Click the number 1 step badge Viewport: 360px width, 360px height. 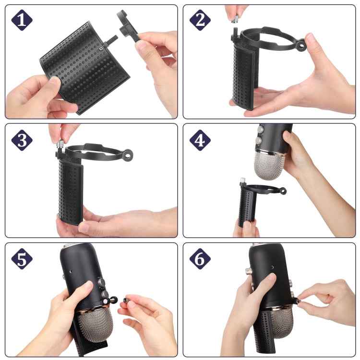coord(22,20)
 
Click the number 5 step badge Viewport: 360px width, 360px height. coord(22,259)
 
